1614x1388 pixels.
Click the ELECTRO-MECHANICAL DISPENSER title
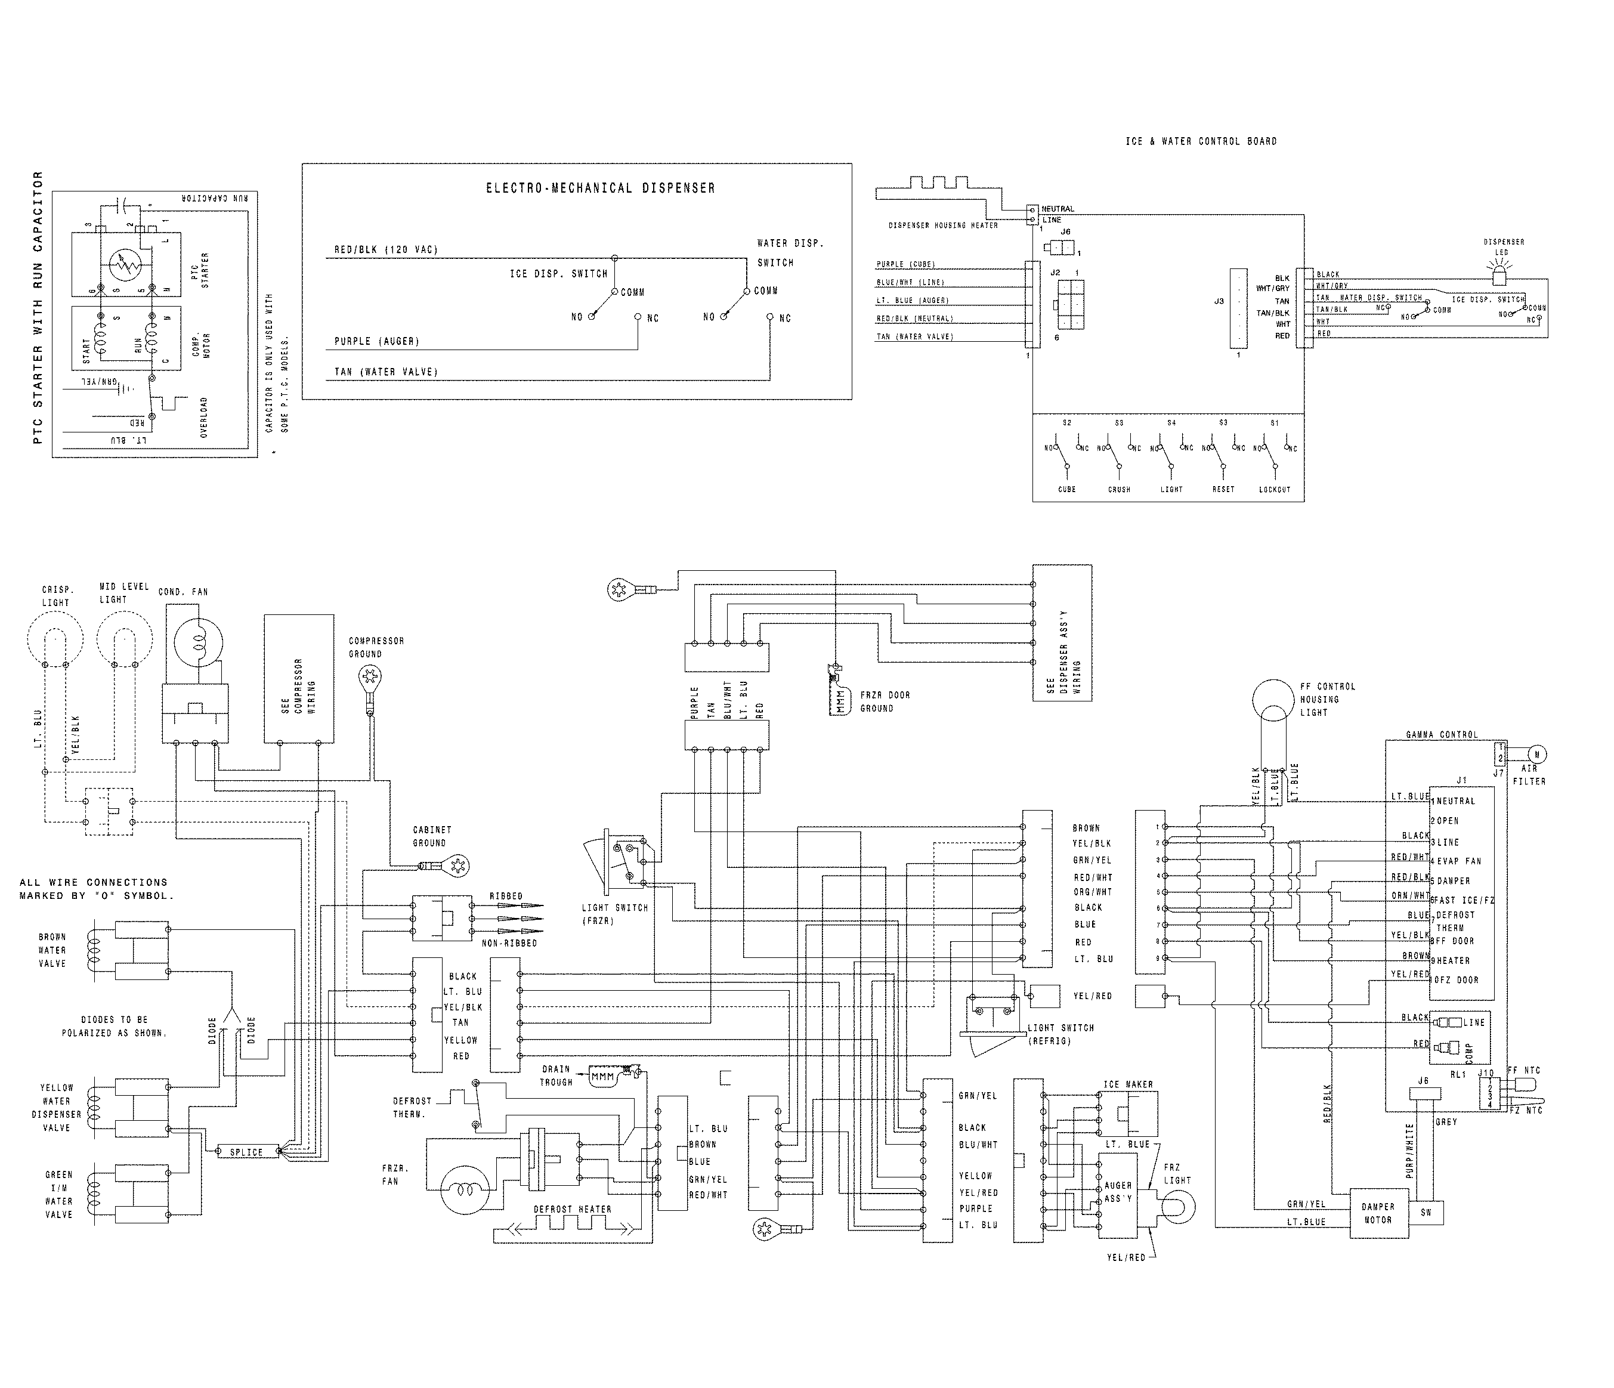coord(600,188)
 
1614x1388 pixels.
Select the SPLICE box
coord(246,1152)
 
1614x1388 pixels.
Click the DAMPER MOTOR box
coord(1377,1213)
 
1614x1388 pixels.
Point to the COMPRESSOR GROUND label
coord(376,647)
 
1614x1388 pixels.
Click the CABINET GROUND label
coord(432,836)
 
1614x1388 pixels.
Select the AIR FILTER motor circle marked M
coord(1537,754)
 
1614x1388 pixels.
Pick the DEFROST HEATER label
coord(573,1210)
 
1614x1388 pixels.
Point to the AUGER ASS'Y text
coord(1118,1192)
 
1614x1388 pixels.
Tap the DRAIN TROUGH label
coord(556,1075)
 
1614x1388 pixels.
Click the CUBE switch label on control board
coord(1066,489)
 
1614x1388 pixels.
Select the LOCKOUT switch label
coord(1275,489)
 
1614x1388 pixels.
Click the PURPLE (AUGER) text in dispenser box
coord(376,342)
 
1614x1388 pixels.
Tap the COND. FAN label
coord(183,592)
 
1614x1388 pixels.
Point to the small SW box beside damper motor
coord(1426,1213)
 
